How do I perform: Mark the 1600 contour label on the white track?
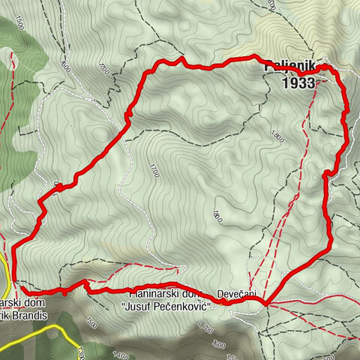[x=66, y=66]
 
